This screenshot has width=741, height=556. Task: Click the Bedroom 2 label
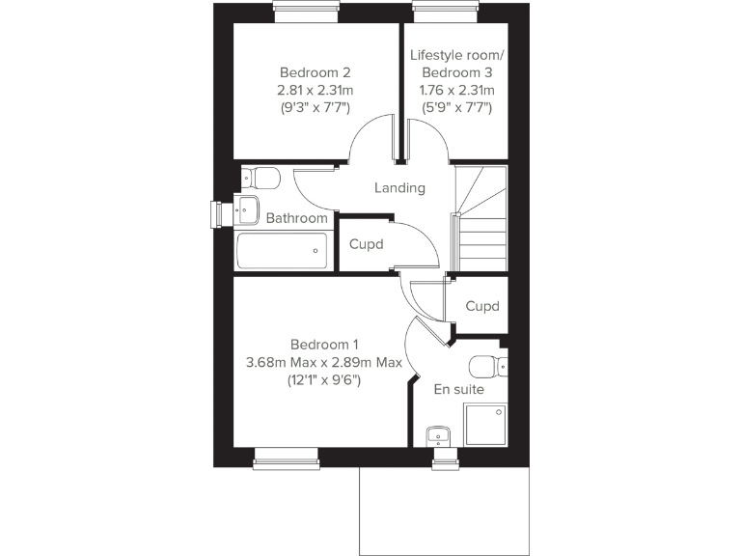[316, 72]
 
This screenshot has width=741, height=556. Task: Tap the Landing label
[399, 188]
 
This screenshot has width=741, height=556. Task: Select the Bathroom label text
[297, 218]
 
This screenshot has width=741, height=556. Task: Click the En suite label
[459, 390]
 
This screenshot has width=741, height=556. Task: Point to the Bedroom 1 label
[324, 345]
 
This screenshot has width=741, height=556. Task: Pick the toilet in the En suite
[486, 367]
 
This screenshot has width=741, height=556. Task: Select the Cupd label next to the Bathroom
[367, 244]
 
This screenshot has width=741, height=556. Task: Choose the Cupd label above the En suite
[482, 306]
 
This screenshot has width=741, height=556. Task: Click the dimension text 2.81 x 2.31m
[316, 90]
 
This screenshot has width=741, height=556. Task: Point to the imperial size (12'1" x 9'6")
[324, 380]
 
